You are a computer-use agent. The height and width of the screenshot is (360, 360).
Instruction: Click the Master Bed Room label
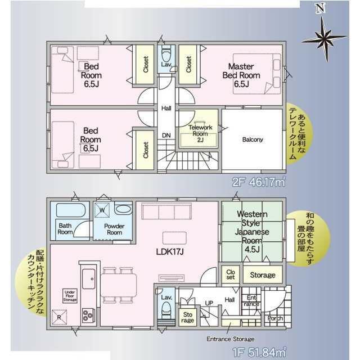click(x=241, y=75)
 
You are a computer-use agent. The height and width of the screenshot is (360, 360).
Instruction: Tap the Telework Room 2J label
click(x=200, y=133)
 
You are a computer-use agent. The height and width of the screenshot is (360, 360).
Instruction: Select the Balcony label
click(x=253, y=139)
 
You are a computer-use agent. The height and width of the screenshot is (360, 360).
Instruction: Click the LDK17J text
click(x=170, y=252)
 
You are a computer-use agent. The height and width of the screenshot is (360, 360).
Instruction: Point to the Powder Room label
click(x=114, y=229)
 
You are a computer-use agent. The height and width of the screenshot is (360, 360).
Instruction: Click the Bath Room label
click(x=65, y=229)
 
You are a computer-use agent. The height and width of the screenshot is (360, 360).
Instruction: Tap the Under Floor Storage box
click(x=70, y=296)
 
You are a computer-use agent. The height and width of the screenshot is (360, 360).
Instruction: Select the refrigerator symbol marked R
click(x=59, y=317)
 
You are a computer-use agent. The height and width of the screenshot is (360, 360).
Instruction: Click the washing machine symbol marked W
click(x=102, y=210)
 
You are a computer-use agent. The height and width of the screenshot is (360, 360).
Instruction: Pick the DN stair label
click(x=166, y=136)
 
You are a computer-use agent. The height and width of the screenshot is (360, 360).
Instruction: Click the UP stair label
click(x=209, y=303)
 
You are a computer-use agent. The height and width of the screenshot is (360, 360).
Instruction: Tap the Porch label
click(x=275, y=318)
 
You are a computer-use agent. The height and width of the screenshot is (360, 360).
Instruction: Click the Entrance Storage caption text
click(x=230, y=339)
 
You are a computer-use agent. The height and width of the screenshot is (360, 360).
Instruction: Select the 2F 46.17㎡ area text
click(x=259, y=182)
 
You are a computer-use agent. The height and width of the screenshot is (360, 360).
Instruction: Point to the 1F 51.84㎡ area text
click(x=259, y=353)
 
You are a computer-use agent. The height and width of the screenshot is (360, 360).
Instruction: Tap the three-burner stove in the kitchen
click(x=89, y=315)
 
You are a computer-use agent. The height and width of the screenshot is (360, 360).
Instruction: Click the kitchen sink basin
click(x=89, y=279)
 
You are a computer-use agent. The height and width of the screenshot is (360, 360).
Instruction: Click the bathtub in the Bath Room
click(x=71, y=210)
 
